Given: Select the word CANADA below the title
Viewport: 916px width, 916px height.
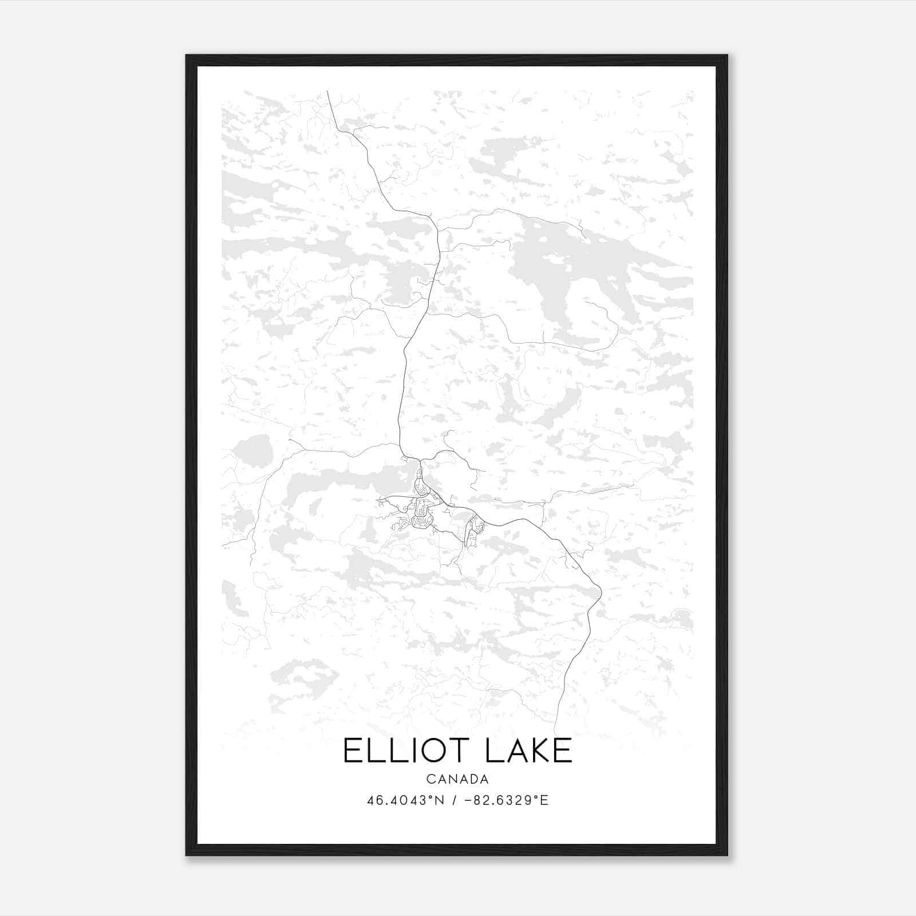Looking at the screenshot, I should [x=457, y=779].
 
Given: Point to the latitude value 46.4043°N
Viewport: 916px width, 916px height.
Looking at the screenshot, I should [x=406, y=800].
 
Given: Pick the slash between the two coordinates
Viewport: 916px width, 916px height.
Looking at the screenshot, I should [x=455, y=800].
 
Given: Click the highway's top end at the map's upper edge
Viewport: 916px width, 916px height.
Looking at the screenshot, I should [x=327, y=92].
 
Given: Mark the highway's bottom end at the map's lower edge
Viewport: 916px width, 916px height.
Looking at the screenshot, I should [x=555, y=733].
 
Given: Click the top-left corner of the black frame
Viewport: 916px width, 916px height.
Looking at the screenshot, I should [x=187, y=56].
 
